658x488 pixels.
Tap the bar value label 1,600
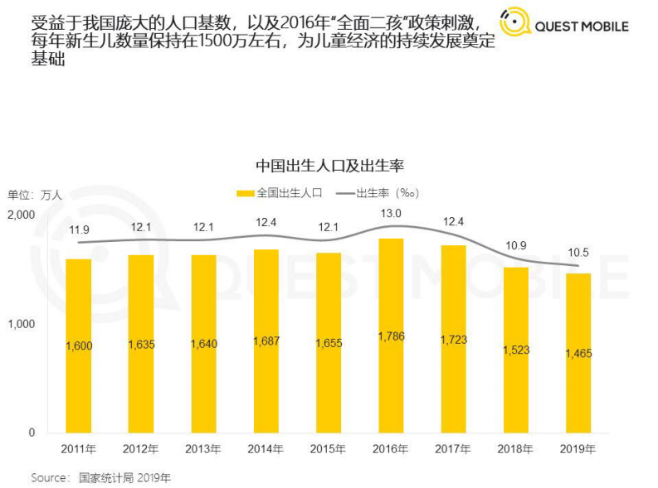pyautogui.click(x=79, y=345)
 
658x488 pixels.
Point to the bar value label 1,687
pyautogui.click(x=266, y=341)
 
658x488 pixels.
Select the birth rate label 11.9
pyautogui.click(x=79, y=230)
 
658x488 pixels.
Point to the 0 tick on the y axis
pyautogui.click(x=32, y=432)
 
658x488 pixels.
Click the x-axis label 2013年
pyautogui.click(x=203, y=449)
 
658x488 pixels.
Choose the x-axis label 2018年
pyautogui.click(x=515, y=449)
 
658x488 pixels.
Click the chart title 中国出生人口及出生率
pyautogui.click(x=329, y=166)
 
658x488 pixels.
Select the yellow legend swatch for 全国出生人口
pyautogui.click(x=245, y=193)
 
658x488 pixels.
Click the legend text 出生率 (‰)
pyautogui.click(x=387, y=193)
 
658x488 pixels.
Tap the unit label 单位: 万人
pyautogui.click(x=36, y=195)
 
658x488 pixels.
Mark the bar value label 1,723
pyautogui.click(x=453, y=340)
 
